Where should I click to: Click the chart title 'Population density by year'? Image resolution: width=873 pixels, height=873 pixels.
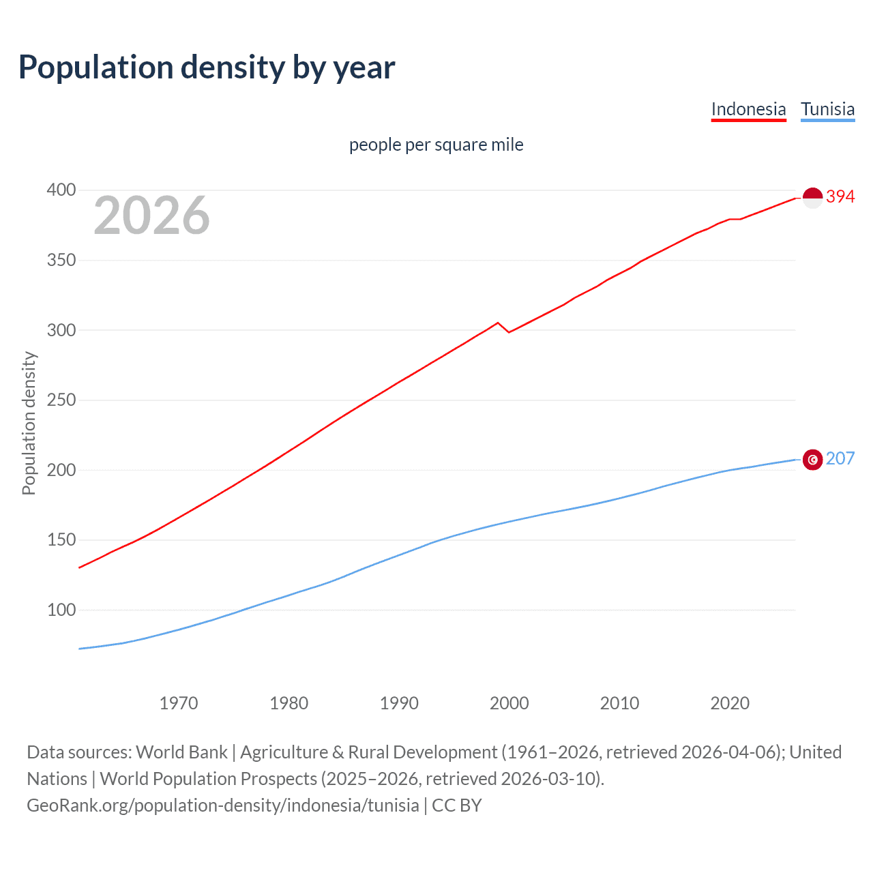tap(207, 68)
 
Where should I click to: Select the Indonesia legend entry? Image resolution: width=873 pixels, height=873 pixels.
tap(748, 109)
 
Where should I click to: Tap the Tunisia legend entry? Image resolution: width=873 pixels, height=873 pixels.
tap(827, 109)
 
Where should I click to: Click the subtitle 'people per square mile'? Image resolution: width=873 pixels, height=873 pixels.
tap(436, 145)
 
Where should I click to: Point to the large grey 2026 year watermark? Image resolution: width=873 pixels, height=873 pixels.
tap(151, 216)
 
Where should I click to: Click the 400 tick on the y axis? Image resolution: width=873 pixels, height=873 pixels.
tap(61, 190)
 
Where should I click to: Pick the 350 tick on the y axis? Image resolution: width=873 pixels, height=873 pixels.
tap(61, 261)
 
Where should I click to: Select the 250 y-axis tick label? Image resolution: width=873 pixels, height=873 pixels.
tap(61, 400)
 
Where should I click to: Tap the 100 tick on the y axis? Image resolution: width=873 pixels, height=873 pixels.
tap(61, 610)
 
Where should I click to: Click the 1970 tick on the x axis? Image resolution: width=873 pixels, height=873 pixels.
tap(179, 703)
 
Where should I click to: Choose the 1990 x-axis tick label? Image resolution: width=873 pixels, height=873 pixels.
tap(399, 703)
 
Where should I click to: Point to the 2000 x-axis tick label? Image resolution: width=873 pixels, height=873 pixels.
tap(509, 703)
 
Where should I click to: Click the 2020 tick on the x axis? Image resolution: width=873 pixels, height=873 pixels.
tap(730, 703)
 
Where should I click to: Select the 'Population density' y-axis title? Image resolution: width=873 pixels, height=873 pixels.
tap(29, 423)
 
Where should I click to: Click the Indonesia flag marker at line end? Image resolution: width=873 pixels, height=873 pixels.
tap(812, 198)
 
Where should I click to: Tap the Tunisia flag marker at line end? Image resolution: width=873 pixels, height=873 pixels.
tap(812, 460)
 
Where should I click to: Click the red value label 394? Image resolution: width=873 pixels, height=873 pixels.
tap(840, 196)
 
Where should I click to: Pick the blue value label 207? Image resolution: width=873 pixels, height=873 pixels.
tap(840, 458)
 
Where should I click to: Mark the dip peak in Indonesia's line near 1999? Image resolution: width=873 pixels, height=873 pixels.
tap(498, 323)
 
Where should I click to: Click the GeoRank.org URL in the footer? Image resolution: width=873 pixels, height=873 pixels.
tap(223, 805)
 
